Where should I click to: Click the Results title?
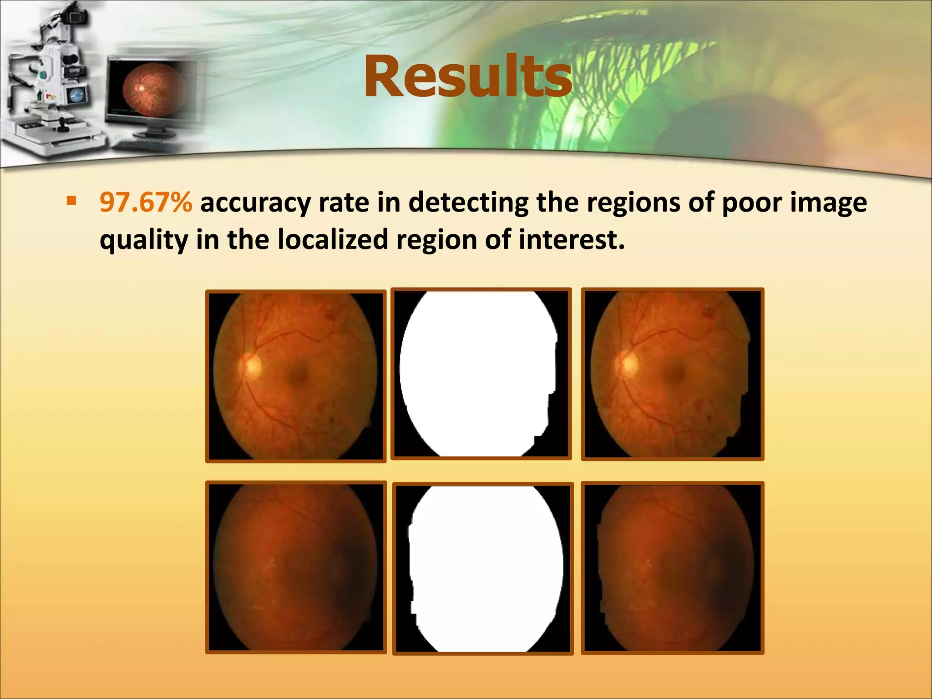[x=467, y=76]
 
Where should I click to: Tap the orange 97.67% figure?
[x=146, y=203]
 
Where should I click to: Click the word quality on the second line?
[x=143, y=240]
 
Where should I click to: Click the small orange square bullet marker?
[x=71, y=201]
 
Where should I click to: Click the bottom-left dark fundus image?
[x=296, y=567]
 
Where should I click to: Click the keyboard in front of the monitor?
[x=143, y=146]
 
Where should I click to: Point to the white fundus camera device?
[x=50, y=82]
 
